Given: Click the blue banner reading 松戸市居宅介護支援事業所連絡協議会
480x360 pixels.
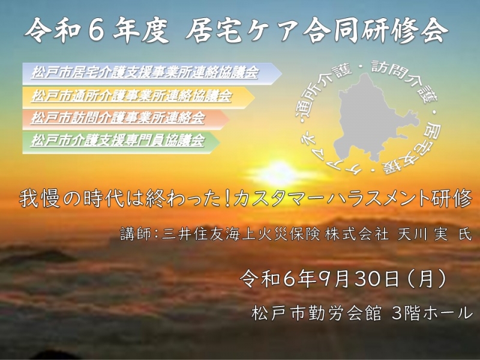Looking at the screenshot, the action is [x=152, y=74].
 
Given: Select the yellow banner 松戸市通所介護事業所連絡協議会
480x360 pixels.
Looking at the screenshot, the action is [x=139, y=97].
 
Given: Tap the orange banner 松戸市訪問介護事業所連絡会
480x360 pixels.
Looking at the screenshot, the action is [x=126, y=119].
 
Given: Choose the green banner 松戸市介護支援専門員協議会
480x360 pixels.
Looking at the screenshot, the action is [x=121, y=142].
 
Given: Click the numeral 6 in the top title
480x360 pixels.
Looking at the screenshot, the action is [x=96, y=32].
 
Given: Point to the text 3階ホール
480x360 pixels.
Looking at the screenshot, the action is [x=432, y=313].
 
